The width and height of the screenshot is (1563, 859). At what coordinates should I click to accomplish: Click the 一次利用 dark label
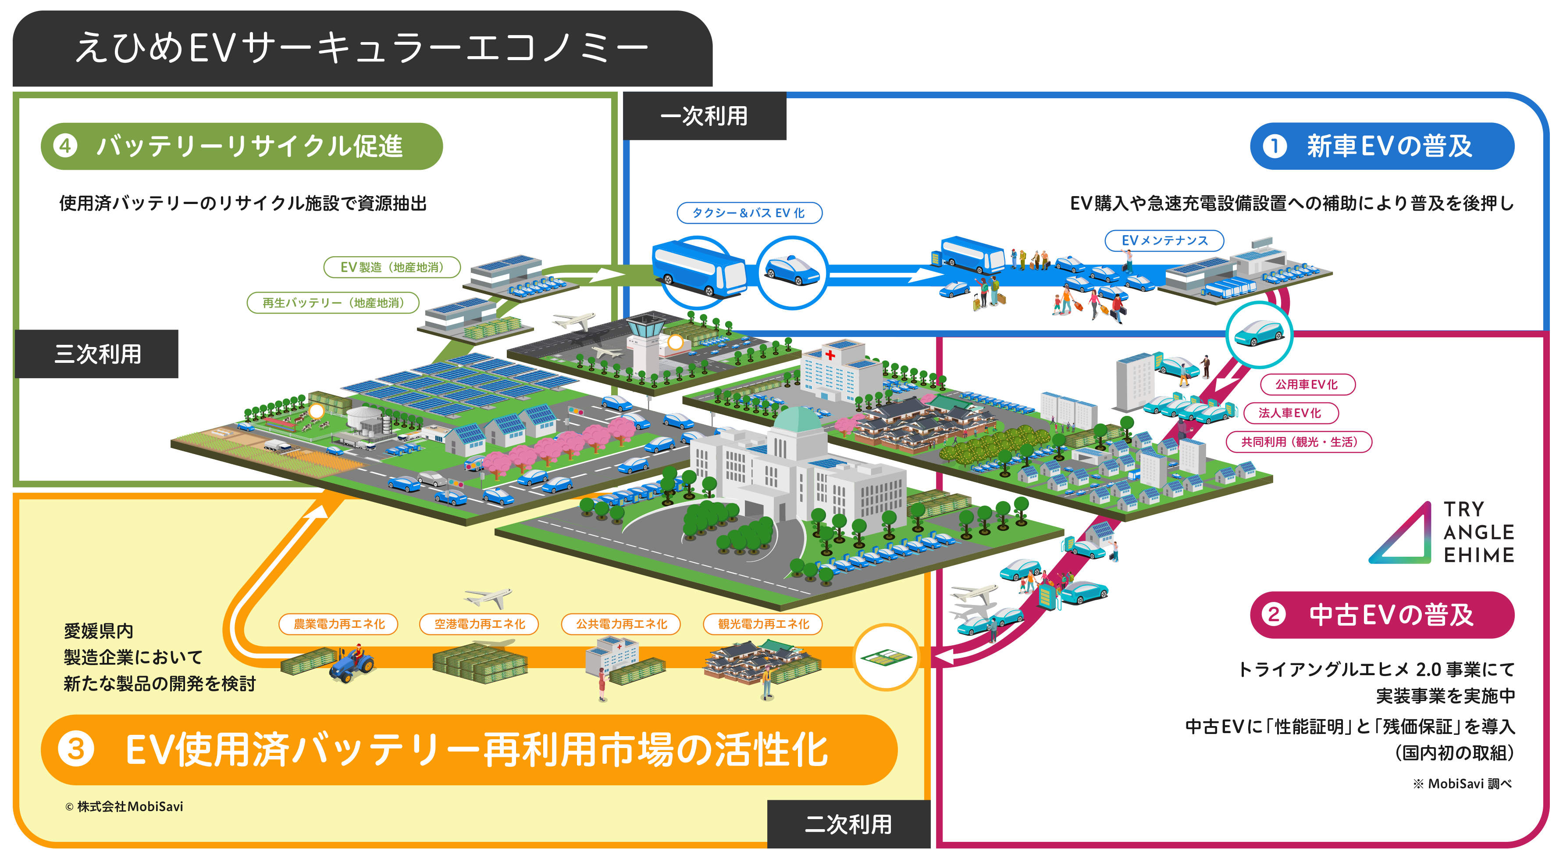[705, 116]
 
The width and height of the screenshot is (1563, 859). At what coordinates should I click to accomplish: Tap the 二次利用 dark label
[848, 824]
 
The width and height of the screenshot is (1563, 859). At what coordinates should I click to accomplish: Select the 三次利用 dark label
[97, 354]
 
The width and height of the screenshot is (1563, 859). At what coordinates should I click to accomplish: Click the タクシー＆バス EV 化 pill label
[749, 213]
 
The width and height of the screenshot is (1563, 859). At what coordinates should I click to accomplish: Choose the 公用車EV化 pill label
[1307, 384]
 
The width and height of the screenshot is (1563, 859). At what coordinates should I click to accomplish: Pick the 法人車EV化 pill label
[1291, 413]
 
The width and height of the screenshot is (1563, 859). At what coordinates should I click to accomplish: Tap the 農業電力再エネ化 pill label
[338, 624]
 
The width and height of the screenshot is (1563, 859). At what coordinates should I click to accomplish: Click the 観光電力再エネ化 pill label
[763, 624]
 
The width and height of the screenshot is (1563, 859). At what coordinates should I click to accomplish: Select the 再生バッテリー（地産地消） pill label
[333, 303]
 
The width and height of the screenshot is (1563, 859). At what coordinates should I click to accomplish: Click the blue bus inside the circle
[698, 271]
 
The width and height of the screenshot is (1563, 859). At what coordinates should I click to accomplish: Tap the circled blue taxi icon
[792, 272]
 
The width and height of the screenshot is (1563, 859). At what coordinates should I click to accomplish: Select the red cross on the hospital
[830, 355]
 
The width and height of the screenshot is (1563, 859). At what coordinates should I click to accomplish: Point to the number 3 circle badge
[76, 749]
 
